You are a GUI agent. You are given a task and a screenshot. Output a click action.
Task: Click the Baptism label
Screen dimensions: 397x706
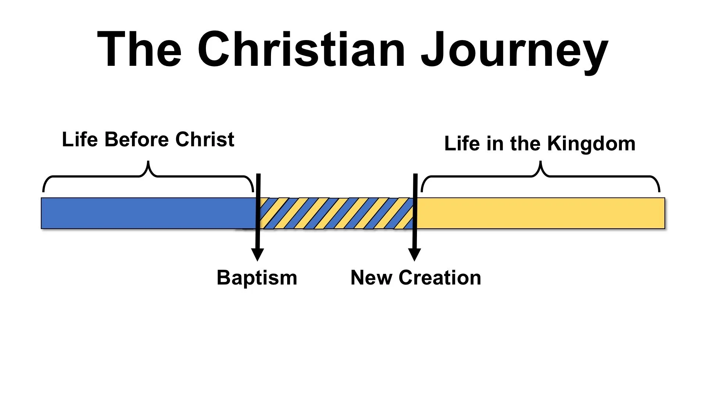point(257,278)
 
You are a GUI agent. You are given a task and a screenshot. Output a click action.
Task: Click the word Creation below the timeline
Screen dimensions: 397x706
point(440,278)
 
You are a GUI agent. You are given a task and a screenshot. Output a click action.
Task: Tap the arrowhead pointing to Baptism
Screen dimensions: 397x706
point(257,254)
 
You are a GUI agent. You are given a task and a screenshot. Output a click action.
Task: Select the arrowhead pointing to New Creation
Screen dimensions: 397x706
point(414,254)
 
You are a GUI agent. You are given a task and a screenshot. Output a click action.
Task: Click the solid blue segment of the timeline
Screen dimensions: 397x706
point(147,213)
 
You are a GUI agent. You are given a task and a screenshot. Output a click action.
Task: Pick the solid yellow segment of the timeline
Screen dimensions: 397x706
point(541,213)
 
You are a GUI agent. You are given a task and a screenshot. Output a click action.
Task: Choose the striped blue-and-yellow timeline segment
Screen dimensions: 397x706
point(336,213)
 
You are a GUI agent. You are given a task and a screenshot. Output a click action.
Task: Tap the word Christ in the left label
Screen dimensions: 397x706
point(205,140)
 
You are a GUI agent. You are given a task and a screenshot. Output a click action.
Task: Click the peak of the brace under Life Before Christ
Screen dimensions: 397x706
point(148,162)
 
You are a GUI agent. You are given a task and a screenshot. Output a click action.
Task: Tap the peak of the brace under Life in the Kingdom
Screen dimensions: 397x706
point(540,163)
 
